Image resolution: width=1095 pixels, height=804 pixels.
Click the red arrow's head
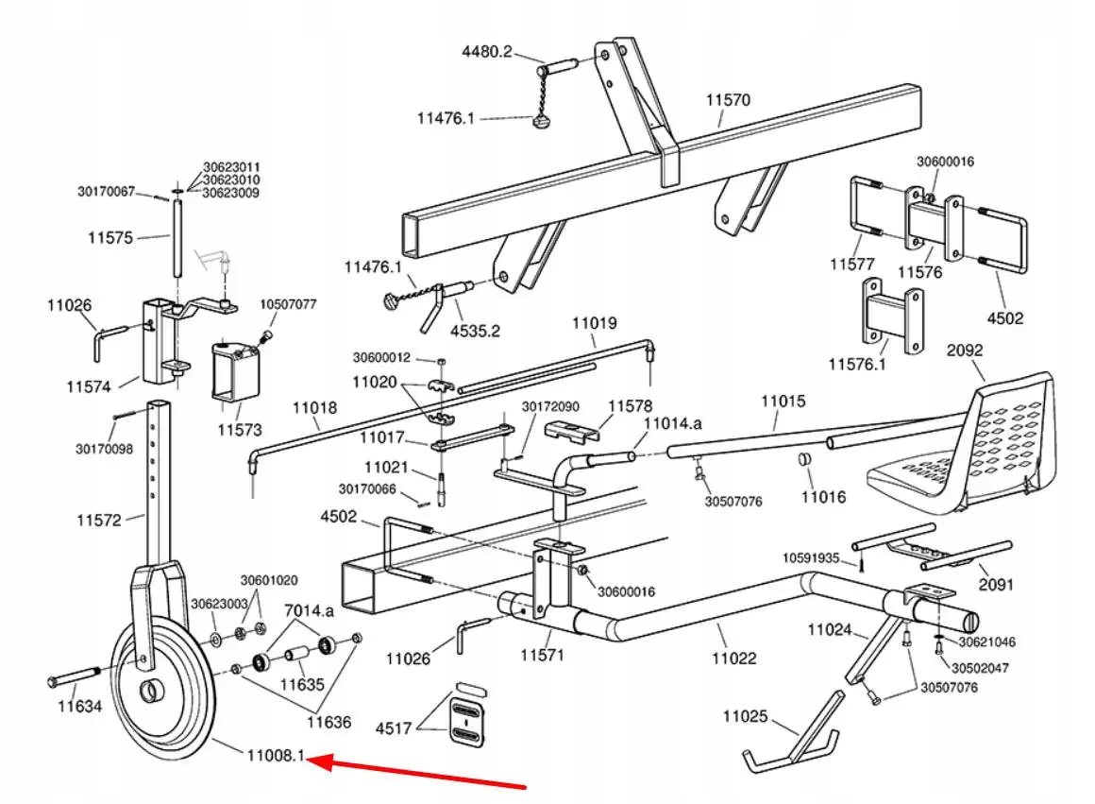[x=318, y=760]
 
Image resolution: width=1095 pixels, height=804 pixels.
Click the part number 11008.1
[x=277, y=755]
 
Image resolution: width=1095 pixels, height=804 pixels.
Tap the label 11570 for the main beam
[x=728, y=99]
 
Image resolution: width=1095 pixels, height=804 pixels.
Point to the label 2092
[x=965, y=350]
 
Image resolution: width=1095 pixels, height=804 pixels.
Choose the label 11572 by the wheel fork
[x=99, y=520]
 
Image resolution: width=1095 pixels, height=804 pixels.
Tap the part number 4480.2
[x=486, y=52]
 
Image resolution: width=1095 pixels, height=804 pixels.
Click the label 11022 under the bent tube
[x=733, y=659]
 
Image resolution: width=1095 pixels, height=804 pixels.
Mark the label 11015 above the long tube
[x=783, y=402]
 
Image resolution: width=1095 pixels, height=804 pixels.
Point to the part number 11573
[x=239, y=429]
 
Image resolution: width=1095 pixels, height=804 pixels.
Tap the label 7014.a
[x=309, y=611]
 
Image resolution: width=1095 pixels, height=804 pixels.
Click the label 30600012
[x=381, y=358]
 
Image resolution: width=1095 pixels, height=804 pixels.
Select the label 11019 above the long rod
[x=594, y=323]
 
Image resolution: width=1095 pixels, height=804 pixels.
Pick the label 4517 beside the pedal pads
[x=394, y=727]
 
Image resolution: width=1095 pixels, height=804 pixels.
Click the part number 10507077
[x=289, y=304]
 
